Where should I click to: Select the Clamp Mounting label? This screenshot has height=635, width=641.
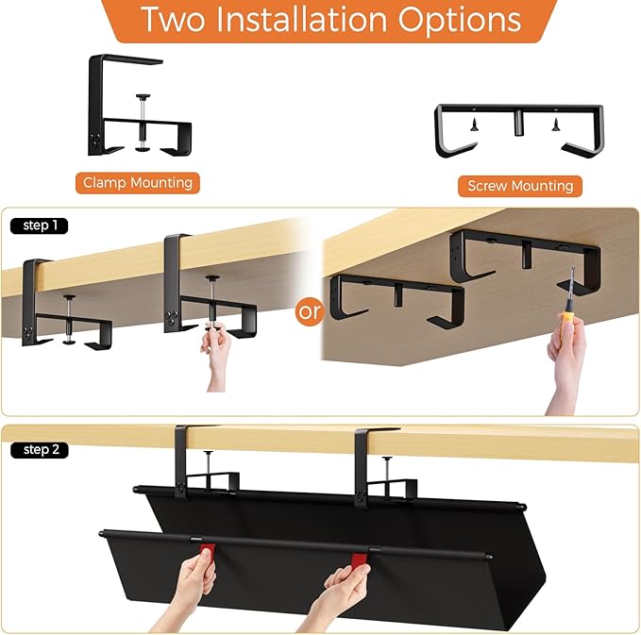(138, 182)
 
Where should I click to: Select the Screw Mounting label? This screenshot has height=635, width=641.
(520, 186)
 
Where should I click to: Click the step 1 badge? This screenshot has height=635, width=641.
(39, 226)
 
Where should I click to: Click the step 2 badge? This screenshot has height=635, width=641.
(40, 450)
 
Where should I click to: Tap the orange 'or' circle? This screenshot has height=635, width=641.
(310, 312)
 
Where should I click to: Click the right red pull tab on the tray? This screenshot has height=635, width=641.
(360, 562)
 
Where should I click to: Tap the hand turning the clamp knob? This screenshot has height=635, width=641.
(217, 354)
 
